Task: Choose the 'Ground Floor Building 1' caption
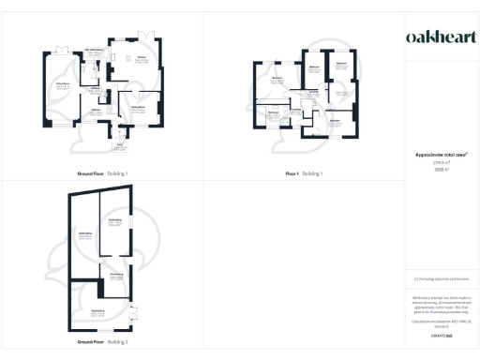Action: tap(102, 174)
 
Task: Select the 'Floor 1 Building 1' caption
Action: tap(304, 174)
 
